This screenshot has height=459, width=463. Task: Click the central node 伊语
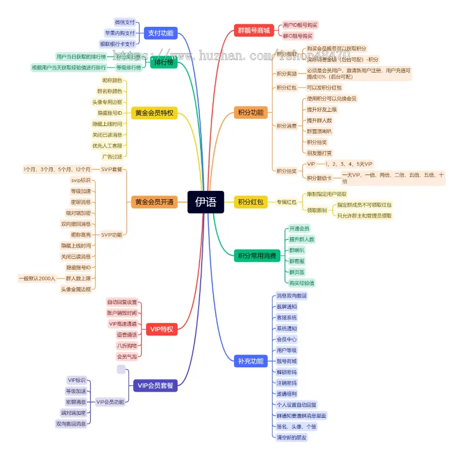(205, 202)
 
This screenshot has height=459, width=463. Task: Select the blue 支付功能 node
(160, 33)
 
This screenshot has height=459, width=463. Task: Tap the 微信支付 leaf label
(124, 23)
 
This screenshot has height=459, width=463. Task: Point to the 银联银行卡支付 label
(117, 44)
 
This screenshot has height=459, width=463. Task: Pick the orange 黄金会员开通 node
(154, 202)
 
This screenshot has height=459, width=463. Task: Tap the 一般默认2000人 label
(37, 278)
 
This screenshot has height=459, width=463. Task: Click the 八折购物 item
(127, 345)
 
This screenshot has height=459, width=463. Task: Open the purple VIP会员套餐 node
(155, 385)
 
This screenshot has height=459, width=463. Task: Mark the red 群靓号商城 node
(254, 30)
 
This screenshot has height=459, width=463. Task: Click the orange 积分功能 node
(251, 113)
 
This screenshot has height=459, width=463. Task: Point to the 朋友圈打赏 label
(319, 153)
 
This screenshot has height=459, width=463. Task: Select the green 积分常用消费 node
(257, 255)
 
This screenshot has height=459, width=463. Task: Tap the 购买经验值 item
(302, 283)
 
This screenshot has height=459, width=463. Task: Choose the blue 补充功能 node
(251, 361)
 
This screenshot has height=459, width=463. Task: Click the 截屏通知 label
(287, 307)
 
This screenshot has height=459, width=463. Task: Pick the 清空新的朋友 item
(292, 437)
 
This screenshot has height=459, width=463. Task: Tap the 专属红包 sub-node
(287, 202)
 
